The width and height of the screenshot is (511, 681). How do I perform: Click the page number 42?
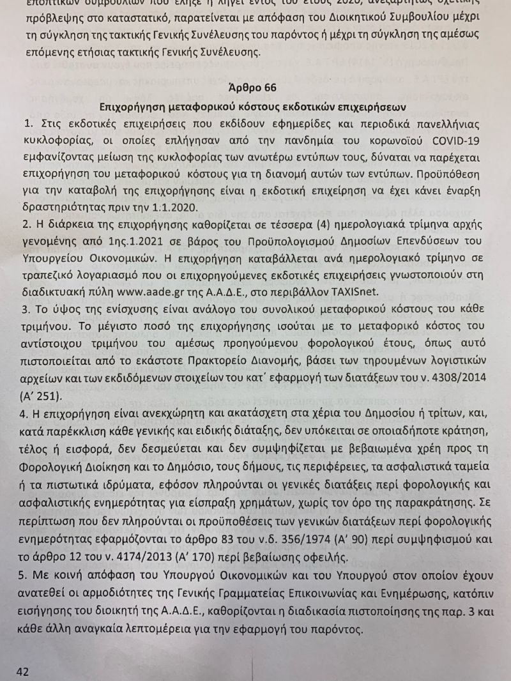(23, 671)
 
